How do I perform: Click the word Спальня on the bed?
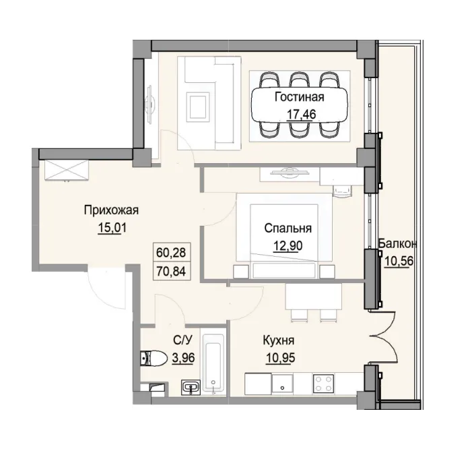[288, 228]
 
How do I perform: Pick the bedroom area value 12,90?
[288, 245]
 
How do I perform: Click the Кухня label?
[279, 340]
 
